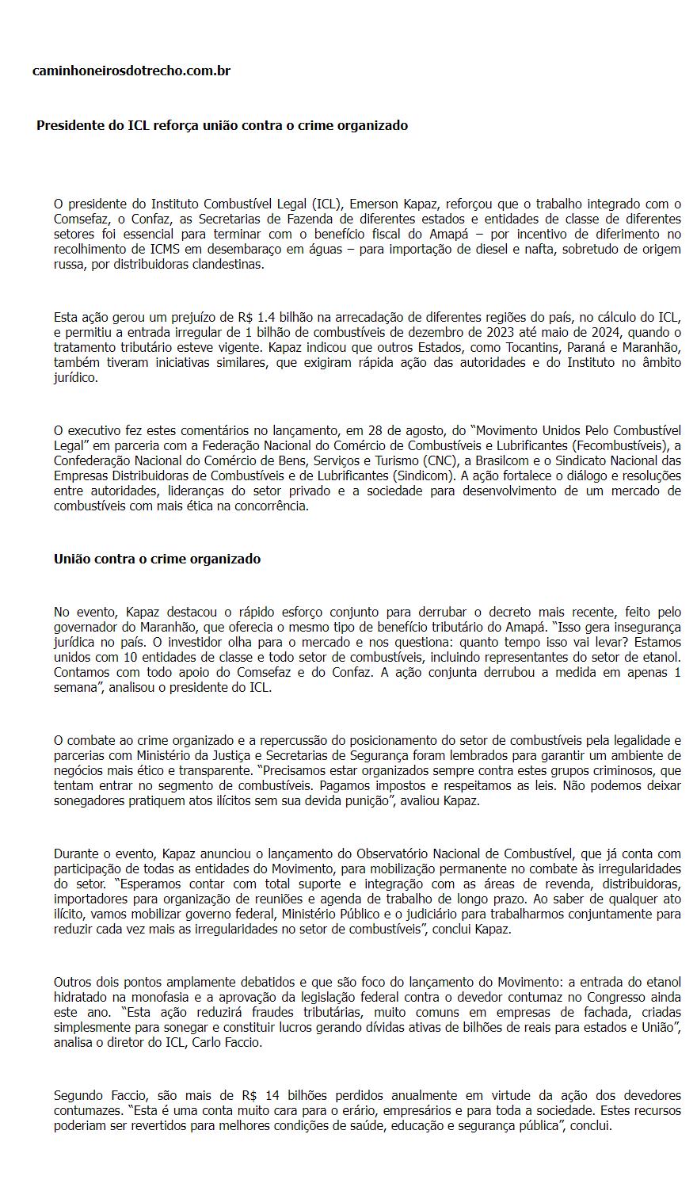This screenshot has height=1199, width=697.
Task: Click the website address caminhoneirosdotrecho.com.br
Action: click(131, 71)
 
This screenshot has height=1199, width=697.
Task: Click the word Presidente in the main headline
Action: click(71, 125)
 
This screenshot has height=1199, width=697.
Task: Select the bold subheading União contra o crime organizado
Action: click(157, 559)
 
